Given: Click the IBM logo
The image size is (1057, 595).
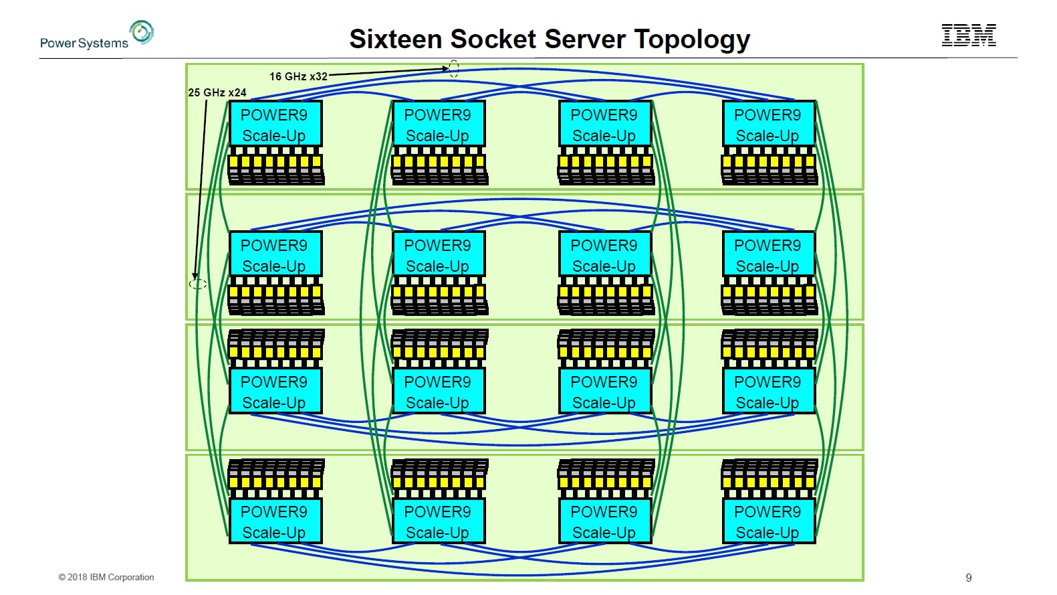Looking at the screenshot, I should click(969, 35).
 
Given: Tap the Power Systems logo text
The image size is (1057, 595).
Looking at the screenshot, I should click(84, 43).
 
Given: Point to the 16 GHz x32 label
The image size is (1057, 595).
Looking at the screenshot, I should click(298, 76).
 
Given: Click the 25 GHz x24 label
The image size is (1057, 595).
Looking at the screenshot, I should click(217, 92).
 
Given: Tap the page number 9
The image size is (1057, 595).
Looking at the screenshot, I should click(969, 578).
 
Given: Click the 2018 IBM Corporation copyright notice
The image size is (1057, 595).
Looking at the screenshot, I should click(106, 577).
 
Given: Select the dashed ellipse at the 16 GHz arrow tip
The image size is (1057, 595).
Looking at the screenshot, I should click(454, 68).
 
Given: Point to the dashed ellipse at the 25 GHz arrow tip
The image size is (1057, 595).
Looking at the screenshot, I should click(197, 284).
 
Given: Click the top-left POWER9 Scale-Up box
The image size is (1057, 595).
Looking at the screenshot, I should click(275, 124).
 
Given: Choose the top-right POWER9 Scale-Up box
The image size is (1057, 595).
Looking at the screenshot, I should click(768, 124).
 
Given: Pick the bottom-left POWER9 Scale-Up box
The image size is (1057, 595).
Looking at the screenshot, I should click(275, 521).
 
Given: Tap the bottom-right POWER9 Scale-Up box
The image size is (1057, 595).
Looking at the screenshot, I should click(768, 521).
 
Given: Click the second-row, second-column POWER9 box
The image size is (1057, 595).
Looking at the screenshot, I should click(439, 255).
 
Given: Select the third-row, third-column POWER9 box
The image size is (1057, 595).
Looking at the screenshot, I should click(604, 392).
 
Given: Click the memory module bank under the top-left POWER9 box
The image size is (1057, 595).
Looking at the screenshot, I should click(275, 166).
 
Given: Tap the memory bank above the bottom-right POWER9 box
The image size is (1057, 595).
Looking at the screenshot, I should click(769, 478).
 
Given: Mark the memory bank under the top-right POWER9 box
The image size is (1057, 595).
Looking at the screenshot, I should click(769, 166).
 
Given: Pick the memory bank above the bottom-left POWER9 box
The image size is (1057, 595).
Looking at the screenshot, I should click(275, 478).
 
